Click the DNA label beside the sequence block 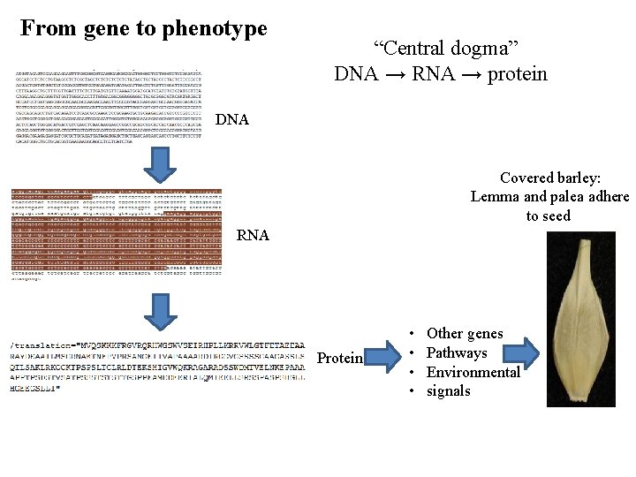231,119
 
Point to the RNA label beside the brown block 253,235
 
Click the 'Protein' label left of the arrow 339,358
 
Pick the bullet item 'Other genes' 465,333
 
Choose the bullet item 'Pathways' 457,352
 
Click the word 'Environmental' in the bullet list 473,372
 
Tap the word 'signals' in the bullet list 449,390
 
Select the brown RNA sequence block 116,231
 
